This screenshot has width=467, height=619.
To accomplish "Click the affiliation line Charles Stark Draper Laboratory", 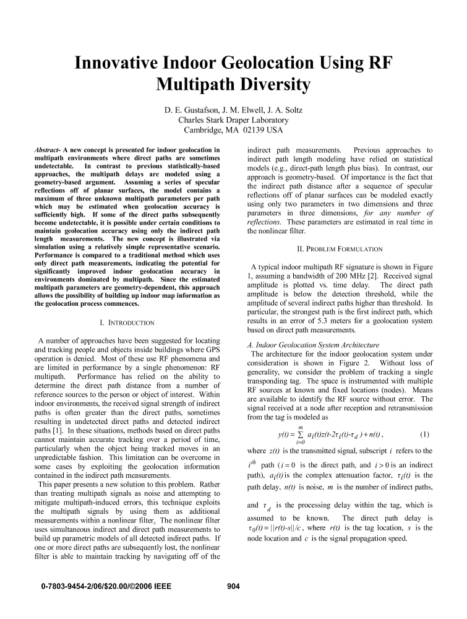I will pos(233,120).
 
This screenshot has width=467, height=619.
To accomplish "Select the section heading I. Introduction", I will pos(127,322).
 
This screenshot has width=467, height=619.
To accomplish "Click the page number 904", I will pos(233,586).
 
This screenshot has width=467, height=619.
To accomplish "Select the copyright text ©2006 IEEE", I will pos(149,586).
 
